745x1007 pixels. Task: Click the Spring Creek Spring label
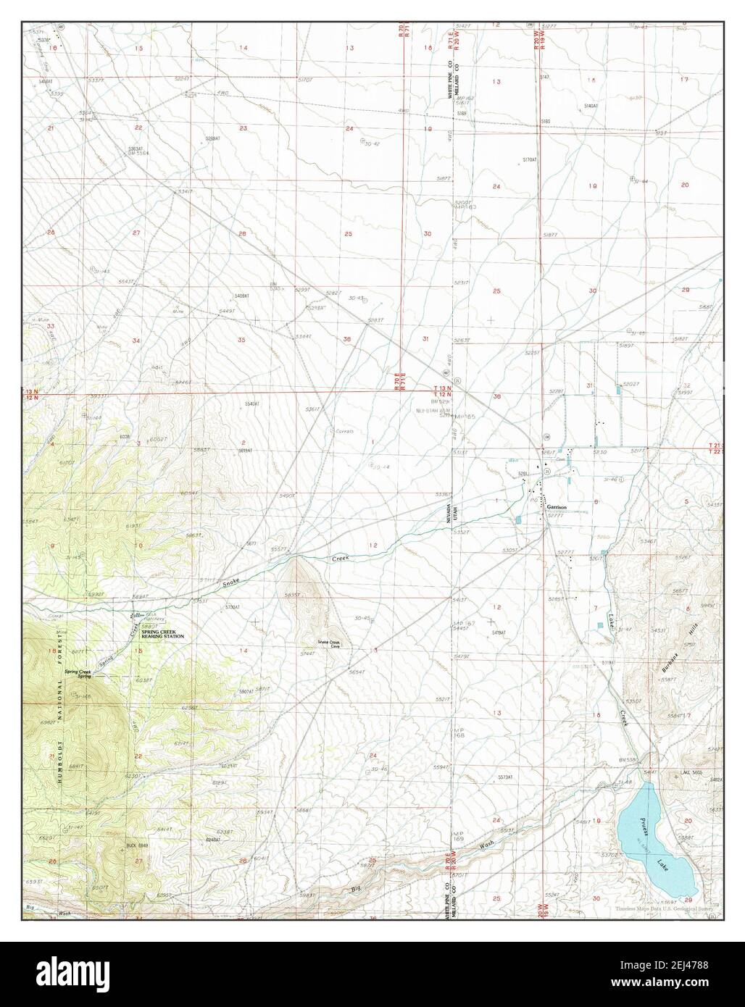coord(78,672)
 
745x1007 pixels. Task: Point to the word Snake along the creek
coord(230,580)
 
